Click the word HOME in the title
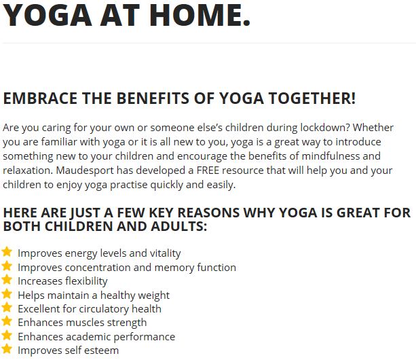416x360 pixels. pyautogui.click(x=200, y=15)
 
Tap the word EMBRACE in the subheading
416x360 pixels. pyautogui.click(x=40, y=98)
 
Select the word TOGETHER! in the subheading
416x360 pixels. pyautogui.click(x=312, y=98)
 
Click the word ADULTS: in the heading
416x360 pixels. pyautogui.click(x=178, y=226)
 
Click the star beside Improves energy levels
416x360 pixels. pyautogui.click(x=7, y=252)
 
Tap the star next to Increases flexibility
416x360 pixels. pyautogui.click(x=7, y=280)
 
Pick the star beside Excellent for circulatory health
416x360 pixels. pyautogui.click(x=7, y=308)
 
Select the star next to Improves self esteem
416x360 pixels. pyautogui.click(x=7, y=349)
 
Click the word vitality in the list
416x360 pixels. pyautogui.click(x=166, y=253)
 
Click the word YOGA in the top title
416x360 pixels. pyautogui.click(x=48, y=15)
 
